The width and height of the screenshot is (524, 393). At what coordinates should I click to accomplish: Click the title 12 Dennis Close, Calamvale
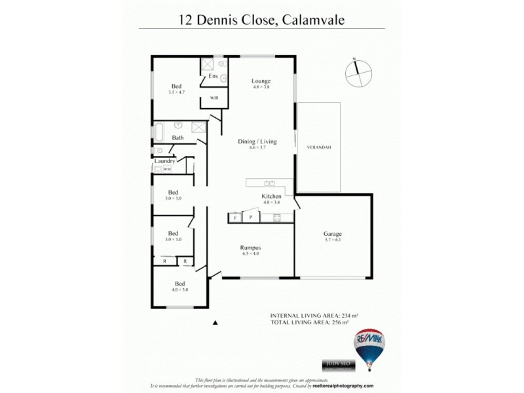pyautogui.click(x=261, y=20)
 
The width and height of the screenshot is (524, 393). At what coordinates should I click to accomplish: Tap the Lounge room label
pyautogui.click(x=261, y=81)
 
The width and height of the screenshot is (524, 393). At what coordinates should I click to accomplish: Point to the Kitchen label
pyautogui.click(x=271, y=196)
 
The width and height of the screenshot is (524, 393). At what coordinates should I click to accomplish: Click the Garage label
pyautogui.click(x=333, y=234)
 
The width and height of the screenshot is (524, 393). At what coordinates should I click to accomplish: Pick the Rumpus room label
pyautogui.click(x=250, y=248)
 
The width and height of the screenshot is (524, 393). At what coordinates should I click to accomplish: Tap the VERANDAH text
pyautogui.click(x=319, y=147)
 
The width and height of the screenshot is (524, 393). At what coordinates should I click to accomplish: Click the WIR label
pyautogui.click(x=214, y=98)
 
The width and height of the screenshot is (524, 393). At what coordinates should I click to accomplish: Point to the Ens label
pyautogui.click(x=213, y=77)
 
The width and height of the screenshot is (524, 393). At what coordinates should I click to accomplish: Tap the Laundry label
pyautogui.click(x=164, y=160)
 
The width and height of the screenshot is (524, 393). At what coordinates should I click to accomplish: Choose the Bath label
pyautogui.click(x=178, y=138)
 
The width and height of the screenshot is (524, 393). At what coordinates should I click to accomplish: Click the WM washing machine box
pyautogui.click(x=167, y=169)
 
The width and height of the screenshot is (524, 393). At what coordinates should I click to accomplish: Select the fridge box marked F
pyautogui.click(x=235, y=217)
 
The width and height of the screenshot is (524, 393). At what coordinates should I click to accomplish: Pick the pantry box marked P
pyautogui.click(x=251, y=217)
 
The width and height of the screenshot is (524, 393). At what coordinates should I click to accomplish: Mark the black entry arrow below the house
pyautogui.click(x=215, y=322)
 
